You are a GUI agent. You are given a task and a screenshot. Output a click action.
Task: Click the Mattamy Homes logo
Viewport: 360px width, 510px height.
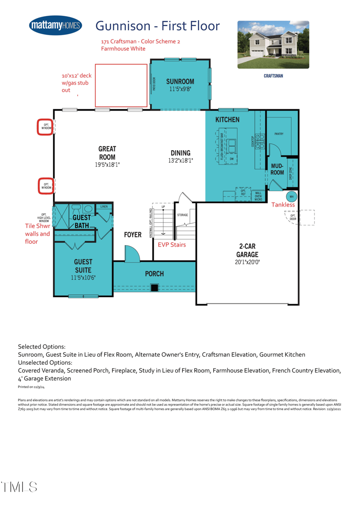(55, 26)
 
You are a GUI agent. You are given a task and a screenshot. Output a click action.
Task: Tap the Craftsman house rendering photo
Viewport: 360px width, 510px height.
(273, 45)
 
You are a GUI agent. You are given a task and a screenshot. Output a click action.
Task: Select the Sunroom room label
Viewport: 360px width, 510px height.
(180, 81)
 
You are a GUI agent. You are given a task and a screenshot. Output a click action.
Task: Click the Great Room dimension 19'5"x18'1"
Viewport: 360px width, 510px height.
(107, 165)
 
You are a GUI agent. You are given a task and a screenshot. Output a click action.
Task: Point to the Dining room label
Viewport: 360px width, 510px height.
(180, 153)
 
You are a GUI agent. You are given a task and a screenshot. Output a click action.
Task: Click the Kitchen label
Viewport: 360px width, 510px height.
(227, 120)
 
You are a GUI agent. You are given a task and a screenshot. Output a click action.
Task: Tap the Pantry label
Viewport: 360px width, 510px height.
(279, 134)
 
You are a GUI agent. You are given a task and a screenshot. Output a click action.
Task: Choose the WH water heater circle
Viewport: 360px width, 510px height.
(291, 197)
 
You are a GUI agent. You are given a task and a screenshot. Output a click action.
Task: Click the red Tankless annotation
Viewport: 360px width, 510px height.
(283, 205)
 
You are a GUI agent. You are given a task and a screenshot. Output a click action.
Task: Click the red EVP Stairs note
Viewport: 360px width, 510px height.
(171, 245)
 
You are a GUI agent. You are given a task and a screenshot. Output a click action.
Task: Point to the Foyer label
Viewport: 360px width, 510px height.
(133, 235)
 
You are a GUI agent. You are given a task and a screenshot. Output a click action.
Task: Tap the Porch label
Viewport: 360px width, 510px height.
(154, 273)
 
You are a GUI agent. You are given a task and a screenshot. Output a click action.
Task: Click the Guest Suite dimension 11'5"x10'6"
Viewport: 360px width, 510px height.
(83, 278)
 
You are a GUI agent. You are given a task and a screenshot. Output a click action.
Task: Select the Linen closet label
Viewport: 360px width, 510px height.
(104, 206)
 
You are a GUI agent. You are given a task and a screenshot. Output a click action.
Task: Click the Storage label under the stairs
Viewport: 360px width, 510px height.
(183, 215)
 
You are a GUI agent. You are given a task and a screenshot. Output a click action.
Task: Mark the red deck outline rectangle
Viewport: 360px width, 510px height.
(121, 85)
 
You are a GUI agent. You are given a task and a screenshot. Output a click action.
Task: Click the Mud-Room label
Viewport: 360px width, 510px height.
(278, 169)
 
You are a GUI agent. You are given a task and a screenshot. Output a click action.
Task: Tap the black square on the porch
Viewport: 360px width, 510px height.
(154, 287)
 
